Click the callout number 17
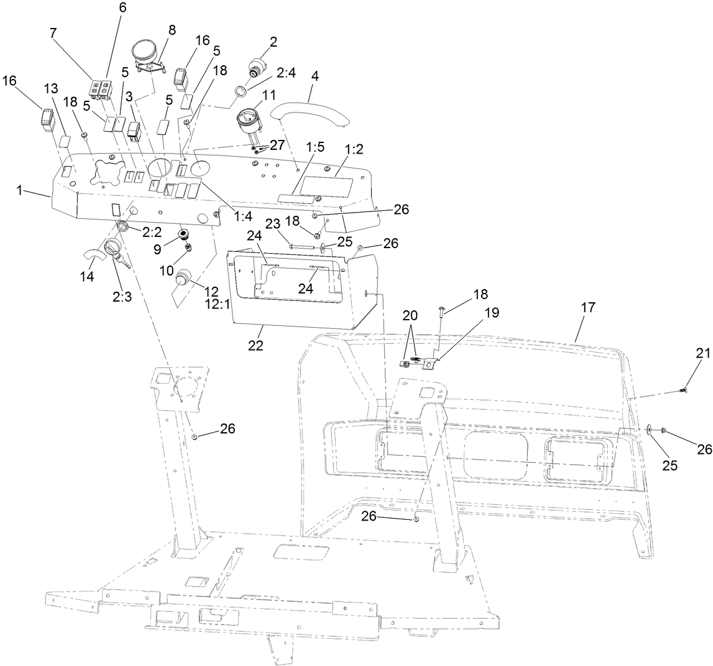coord(588,307)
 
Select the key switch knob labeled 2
coord(258,67)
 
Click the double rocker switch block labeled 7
coord(100,90)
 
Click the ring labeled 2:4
coord(241,96)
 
